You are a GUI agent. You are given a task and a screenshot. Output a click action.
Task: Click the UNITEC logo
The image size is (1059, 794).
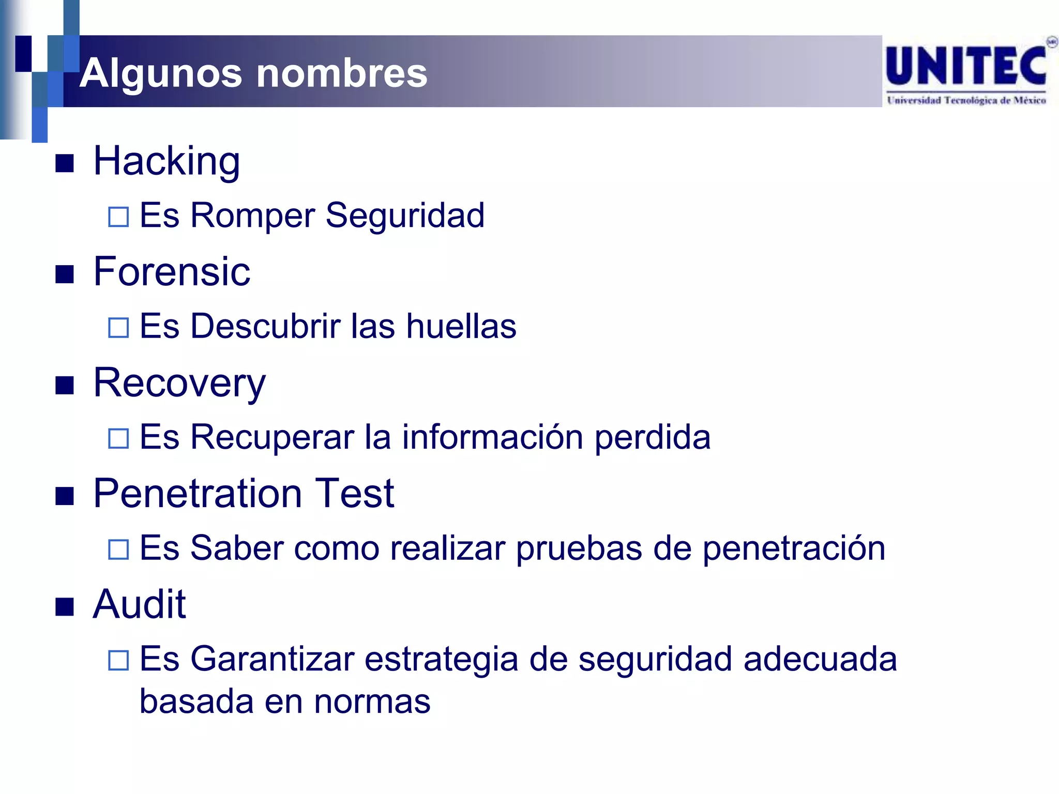[x=967, y=72]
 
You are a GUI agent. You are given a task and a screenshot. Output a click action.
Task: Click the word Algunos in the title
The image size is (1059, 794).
[x=161, y=73]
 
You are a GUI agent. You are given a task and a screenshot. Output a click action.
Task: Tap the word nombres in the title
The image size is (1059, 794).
[x=342, y=73]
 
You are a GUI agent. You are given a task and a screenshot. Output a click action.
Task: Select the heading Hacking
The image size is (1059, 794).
[x=167, y=161]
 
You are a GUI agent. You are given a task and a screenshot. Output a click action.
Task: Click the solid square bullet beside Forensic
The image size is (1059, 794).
[x=65, y=274]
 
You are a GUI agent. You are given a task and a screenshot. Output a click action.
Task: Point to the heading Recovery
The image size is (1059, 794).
[x=179, y=384]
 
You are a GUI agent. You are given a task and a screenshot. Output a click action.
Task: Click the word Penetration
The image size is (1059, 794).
[x=198, y=494]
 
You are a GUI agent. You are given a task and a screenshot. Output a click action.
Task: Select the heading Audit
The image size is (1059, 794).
[x=140, y=604]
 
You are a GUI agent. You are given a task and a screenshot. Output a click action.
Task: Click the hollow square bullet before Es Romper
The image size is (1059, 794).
[x=118, y=217]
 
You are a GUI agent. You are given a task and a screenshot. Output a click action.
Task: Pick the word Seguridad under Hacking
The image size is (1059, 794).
[x=405, y=215]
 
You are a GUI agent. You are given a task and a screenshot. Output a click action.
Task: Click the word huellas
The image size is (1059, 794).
[x=461, y=326]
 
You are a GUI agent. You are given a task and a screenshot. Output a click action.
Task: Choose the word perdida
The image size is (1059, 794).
[x=653, y=438]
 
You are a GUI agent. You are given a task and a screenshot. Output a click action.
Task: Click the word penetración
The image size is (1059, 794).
[x=794, y=548]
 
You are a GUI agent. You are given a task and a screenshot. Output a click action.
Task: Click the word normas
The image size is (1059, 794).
[x=372, y=702]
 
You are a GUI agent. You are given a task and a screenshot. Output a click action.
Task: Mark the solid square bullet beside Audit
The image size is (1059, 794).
[x=65, y=607]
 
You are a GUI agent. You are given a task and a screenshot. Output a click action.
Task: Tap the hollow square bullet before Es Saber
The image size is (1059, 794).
[x=118, y=549]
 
